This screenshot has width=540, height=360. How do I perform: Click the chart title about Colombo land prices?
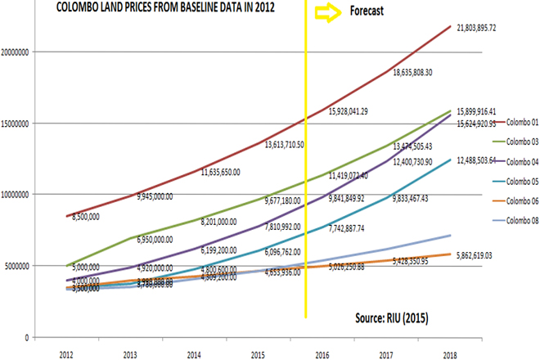159,8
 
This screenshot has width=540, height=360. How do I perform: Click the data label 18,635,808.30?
423,72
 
